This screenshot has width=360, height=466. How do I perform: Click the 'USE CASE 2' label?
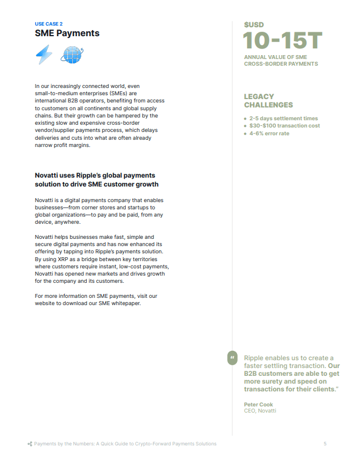click(x=48, y=24)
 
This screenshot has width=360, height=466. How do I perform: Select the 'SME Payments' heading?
click(x=67, y=33)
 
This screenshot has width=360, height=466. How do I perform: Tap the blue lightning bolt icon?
click(x=44, y=55)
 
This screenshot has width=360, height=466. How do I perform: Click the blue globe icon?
click(x=72, y=55)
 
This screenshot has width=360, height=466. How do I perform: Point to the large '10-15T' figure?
click(x=283, y=41)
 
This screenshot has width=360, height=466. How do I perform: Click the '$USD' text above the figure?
click(x=254, y=24)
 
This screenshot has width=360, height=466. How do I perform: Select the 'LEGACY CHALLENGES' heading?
click(x=268, y=101)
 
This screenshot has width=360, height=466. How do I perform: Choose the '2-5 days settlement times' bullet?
click(x=283, y=118)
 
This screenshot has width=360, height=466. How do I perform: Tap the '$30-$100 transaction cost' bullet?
click(x=284, y=126)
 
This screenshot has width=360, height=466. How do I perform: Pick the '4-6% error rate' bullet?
click(x=269, y=134)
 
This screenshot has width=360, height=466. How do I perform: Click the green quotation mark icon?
click(x=232, y=357)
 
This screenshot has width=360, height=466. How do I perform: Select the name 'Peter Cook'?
click(x=258, y=404)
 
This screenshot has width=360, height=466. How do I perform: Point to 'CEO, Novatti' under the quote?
click(x=260, y=411)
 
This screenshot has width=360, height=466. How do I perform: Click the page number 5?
click(x=326, y=444)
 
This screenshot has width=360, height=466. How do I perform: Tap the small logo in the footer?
click(x=29, y=444)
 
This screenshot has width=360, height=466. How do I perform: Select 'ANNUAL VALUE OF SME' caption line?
click(x=275, y=57)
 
